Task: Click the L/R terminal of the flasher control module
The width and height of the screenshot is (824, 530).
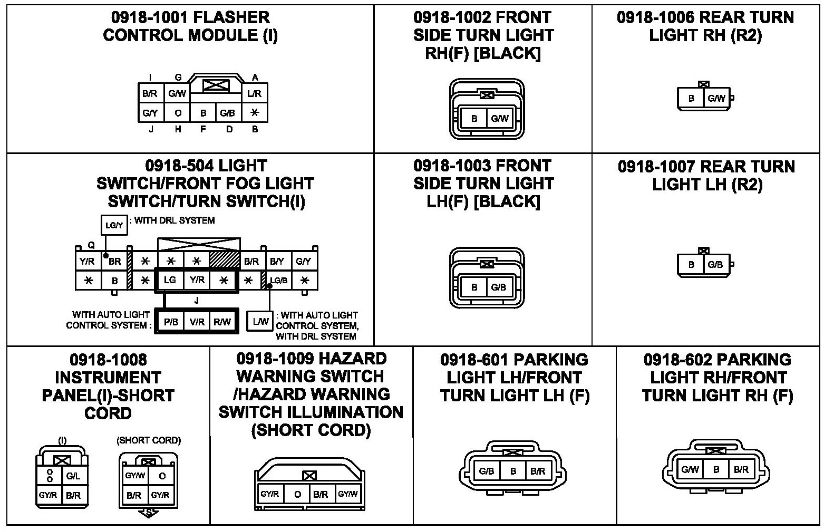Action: coord(254,94)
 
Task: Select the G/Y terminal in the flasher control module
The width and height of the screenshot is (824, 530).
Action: coord(150,113)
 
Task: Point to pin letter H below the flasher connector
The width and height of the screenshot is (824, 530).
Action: coord(178,129)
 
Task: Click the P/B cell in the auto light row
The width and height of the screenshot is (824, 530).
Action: coord(170,322)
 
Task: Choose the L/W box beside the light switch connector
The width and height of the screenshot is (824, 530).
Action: coord(261,321)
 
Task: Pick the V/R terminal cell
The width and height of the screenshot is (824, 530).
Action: coord(197,322)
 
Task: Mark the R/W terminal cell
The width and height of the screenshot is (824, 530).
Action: coord(222,322)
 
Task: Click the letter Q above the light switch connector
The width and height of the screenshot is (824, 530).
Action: coord(91,245)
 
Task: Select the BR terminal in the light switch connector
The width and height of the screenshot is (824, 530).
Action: coord(114,261)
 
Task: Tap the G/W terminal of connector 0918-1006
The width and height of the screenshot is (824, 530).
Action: coord(716,98)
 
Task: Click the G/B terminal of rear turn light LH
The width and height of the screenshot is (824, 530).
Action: coord(715,264)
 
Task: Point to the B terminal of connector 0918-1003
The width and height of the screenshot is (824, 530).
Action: coord(474,287)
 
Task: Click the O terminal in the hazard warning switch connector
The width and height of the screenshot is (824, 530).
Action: coord(297,495)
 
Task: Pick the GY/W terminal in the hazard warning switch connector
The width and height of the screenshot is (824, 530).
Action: coord(347,494)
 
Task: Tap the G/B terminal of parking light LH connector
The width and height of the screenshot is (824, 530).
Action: coord(487,471)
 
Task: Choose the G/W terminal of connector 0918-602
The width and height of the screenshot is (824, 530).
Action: coord(690,469)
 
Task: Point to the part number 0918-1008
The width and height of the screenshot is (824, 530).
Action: coord(108,360)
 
